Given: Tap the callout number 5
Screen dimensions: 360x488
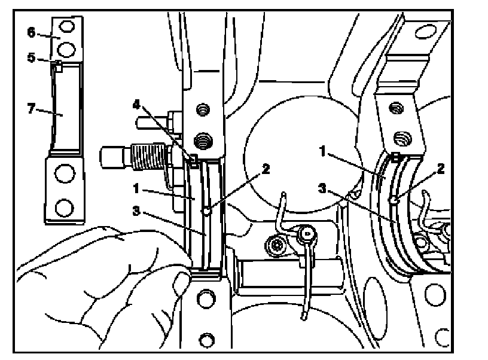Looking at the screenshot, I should [31, 59].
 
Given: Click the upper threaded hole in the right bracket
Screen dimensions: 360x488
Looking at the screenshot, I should [395, 108].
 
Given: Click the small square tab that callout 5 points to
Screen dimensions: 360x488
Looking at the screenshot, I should [58, 65].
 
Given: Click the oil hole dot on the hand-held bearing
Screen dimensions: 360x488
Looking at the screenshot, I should [205, 210].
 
